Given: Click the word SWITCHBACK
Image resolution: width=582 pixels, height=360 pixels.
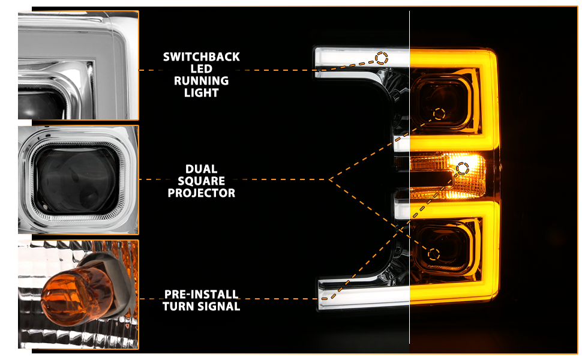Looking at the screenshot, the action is (202, 57).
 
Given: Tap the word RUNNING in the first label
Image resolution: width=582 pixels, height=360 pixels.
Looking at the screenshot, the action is (202, 80).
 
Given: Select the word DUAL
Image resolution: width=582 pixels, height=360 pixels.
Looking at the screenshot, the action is (202, 169).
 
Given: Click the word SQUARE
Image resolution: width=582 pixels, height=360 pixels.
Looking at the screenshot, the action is (202, 181).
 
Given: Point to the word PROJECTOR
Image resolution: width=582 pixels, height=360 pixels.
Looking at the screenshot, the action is (202, 193).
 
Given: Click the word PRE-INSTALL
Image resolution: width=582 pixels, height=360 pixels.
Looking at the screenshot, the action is (201, 295).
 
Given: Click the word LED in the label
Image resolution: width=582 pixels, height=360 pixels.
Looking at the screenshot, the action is (202, 68).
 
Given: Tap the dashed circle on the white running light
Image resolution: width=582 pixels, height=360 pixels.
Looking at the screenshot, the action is (382, 58).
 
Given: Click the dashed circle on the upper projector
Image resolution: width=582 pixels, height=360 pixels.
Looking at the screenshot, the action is (439, 113).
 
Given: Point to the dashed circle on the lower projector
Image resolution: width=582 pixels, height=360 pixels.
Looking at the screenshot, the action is (434, 254).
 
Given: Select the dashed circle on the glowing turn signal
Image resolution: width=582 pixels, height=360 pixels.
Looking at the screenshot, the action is (463, 169).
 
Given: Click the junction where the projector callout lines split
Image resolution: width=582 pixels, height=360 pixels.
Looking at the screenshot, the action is (329, 179).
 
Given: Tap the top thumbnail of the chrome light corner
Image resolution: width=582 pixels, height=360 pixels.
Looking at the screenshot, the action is (79, 65).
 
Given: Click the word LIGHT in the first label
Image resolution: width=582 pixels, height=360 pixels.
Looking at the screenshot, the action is (202, 92).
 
